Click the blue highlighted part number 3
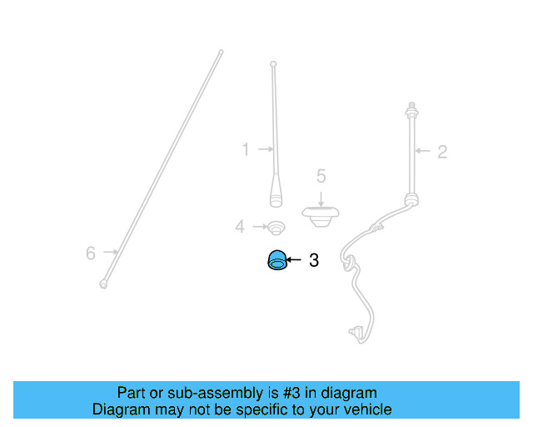pyautogui.click(x=276, y=261)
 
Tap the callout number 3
pyautogui.click(x=314, y=261)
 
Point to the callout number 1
pyautogui.click(x=246, y=150)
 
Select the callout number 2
pyautogui.click(x=442, y=152)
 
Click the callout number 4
pyautogui.click(x=240, y=226)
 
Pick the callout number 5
pyautogui.click(x=321, y=176)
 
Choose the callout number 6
pyautogui.click(x=92, y=253)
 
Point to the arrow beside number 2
pyautogui.click(x=423, y=152)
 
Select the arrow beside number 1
pyautogui.click(x=264, y=150)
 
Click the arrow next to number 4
pyautogui.click(x=256, y=226)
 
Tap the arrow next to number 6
pyautogui.click(x=109, y=251)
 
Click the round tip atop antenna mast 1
pyautogui.click(x=272, y=63)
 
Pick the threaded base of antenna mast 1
pyautogui.click(x=276, y=198)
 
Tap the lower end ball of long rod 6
pyautogui.click(x=103, y=284)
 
